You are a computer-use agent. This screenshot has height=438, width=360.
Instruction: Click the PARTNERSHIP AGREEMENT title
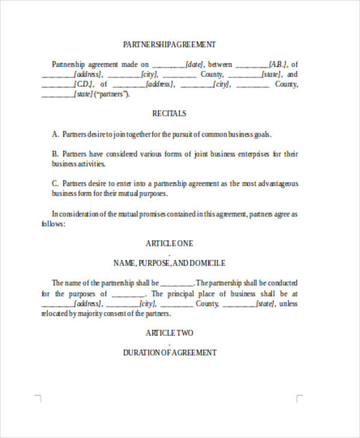pyautogui.click(x=169, y=44)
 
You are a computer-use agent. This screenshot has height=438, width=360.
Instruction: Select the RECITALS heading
pyautogui.click(x=169, y=113)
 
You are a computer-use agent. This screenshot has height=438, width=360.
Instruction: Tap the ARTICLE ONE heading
pyautogui.click(x=169, y=244)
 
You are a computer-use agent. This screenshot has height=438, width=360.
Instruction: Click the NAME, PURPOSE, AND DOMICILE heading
pyautogui.click(x=169, y=263)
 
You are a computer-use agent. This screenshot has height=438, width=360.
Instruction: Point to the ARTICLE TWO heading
pyautogui.click(x=169, y=332)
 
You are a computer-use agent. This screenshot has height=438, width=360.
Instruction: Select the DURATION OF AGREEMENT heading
pyautogui.click(x=169, y=353)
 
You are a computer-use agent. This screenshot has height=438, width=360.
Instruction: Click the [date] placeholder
pyautogui.click(x=195, y=64)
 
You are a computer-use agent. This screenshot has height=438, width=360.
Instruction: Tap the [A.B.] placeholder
pyautogui.click(x=278, y=64)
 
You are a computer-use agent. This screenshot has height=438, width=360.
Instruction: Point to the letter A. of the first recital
pyautogui.click(x=55, y=134)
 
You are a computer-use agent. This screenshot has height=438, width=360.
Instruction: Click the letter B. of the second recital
pyautogui.click(x=55, y=154)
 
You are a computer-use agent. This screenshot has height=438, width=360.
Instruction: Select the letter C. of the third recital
pyautogui.click(x=55, y=184)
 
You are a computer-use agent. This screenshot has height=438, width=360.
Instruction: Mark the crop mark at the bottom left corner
pyautogui.click(x=38, y=397)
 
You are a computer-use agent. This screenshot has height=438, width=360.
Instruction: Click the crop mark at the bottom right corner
pyautogui.click(x=299, y=397)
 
